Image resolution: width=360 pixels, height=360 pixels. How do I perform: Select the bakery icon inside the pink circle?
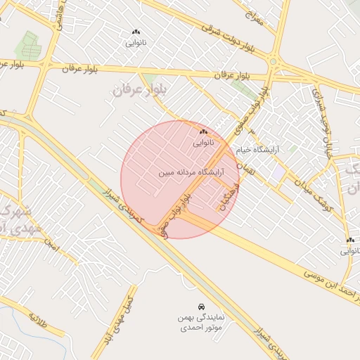[x=203, y=131]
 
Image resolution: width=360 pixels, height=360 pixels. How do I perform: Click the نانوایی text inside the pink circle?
[x=203, y=142]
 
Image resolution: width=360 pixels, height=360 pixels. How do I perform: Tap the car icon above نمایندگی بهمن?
[x=202, y=307]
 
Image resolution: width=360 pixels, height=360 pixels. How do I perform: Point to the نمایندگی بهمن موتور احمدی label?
[x=200, y=323]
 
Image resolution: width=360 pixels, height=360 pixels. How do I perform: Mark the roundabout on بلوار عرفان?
[x=272, y=67]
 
